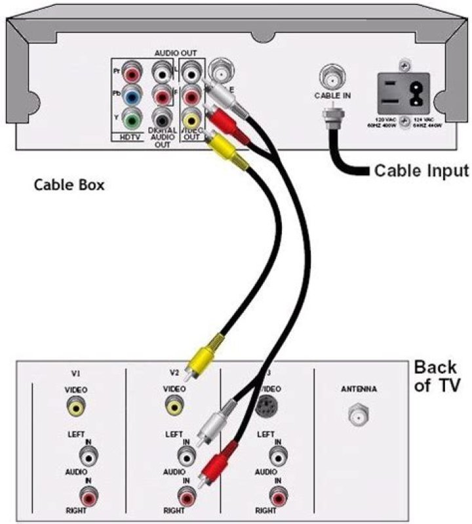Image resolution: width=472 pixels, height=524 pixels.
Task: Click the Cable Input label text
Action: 421,171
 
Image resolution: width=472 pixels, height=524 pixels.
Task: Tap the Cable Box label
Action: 69,186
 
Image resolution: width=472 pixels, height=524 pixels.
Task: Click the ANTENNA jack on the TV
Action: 357,416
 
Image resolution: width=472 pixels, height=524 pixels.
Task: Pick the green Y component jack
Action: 133,118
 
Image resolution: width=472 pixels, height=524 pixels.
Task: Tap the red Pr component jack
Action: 133,70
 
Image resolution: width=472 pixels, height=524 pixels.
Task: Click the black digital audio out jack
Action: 161,118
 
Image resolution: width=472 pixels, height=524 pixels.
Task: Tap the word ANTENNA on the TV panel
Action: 359,390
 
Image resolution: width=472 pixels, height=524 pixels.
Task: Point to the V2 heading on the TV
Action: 174,373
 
